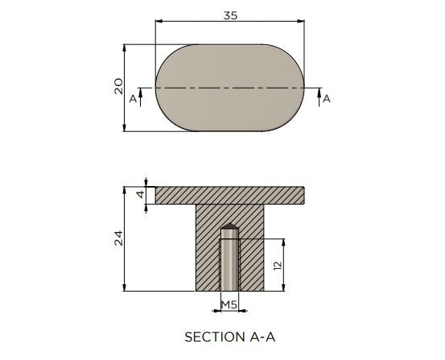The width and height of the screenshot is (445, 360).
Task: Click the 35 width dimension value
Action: (230, 15)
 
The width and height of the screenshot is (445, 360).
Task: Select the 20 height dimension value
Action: (118, 86)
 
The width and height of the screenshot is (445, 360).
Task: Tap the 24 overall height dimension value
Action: (118, 238)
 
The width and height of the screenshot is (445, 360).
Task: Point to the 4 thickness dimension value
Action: (141, 195)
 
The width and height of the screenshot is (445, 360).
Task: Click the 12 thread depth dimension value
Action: (278, 265)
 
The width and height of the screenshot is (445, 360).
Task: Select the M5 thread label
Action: (229, 305)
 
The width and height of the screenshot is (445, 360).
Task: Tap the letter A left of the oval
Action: (133, 99)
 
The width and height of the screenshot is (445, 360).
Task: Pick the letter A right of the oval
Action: (327, 99)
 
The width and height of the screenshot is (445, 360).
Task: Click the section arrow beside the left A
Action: (141, 97)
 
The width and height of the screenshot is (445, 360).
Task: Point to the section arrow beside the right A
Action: (319, 97)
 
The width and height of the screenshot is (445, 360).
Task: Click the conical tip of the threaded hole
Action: (229, 226)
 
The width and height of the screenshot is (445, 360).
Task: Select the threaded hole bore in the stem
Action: (229, 259)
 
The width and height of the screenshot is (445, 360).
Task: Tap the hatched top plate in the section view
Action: (229, 196)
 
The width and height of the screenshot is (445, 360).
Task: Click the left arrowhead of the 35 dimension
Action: (159, 21)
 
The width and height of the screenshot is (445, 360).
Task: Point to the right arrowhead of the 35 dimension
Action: (301, 21)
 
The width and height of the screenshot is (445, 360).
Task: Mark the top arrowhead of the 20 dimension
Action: (124, 48)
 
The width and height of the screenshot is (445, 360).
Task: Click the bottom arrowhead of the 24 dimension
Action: (124, 288)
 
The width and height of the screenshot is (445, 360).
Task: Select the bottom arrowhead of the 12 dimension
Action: (283, 288)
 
